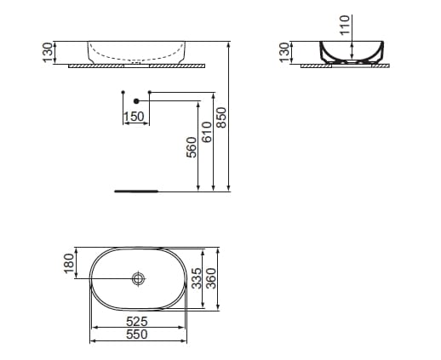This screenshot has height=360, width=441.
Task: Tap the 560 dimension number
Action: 192,147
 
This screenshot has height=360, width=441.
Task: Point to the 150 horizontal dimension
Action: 134,116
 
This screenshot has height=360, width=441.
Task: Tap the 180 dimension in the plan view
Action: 70,263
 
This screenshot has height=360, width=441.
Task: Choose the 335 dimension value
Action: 196,278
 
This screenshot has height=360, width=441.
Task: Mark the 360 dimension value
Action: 213,278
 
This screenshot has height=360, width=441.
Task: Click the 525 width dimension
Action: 138,322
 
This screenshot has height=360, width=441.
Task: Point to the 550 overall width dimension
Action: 138,334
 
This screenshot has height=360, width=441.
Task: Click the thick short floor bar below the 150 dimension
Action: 135,191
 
